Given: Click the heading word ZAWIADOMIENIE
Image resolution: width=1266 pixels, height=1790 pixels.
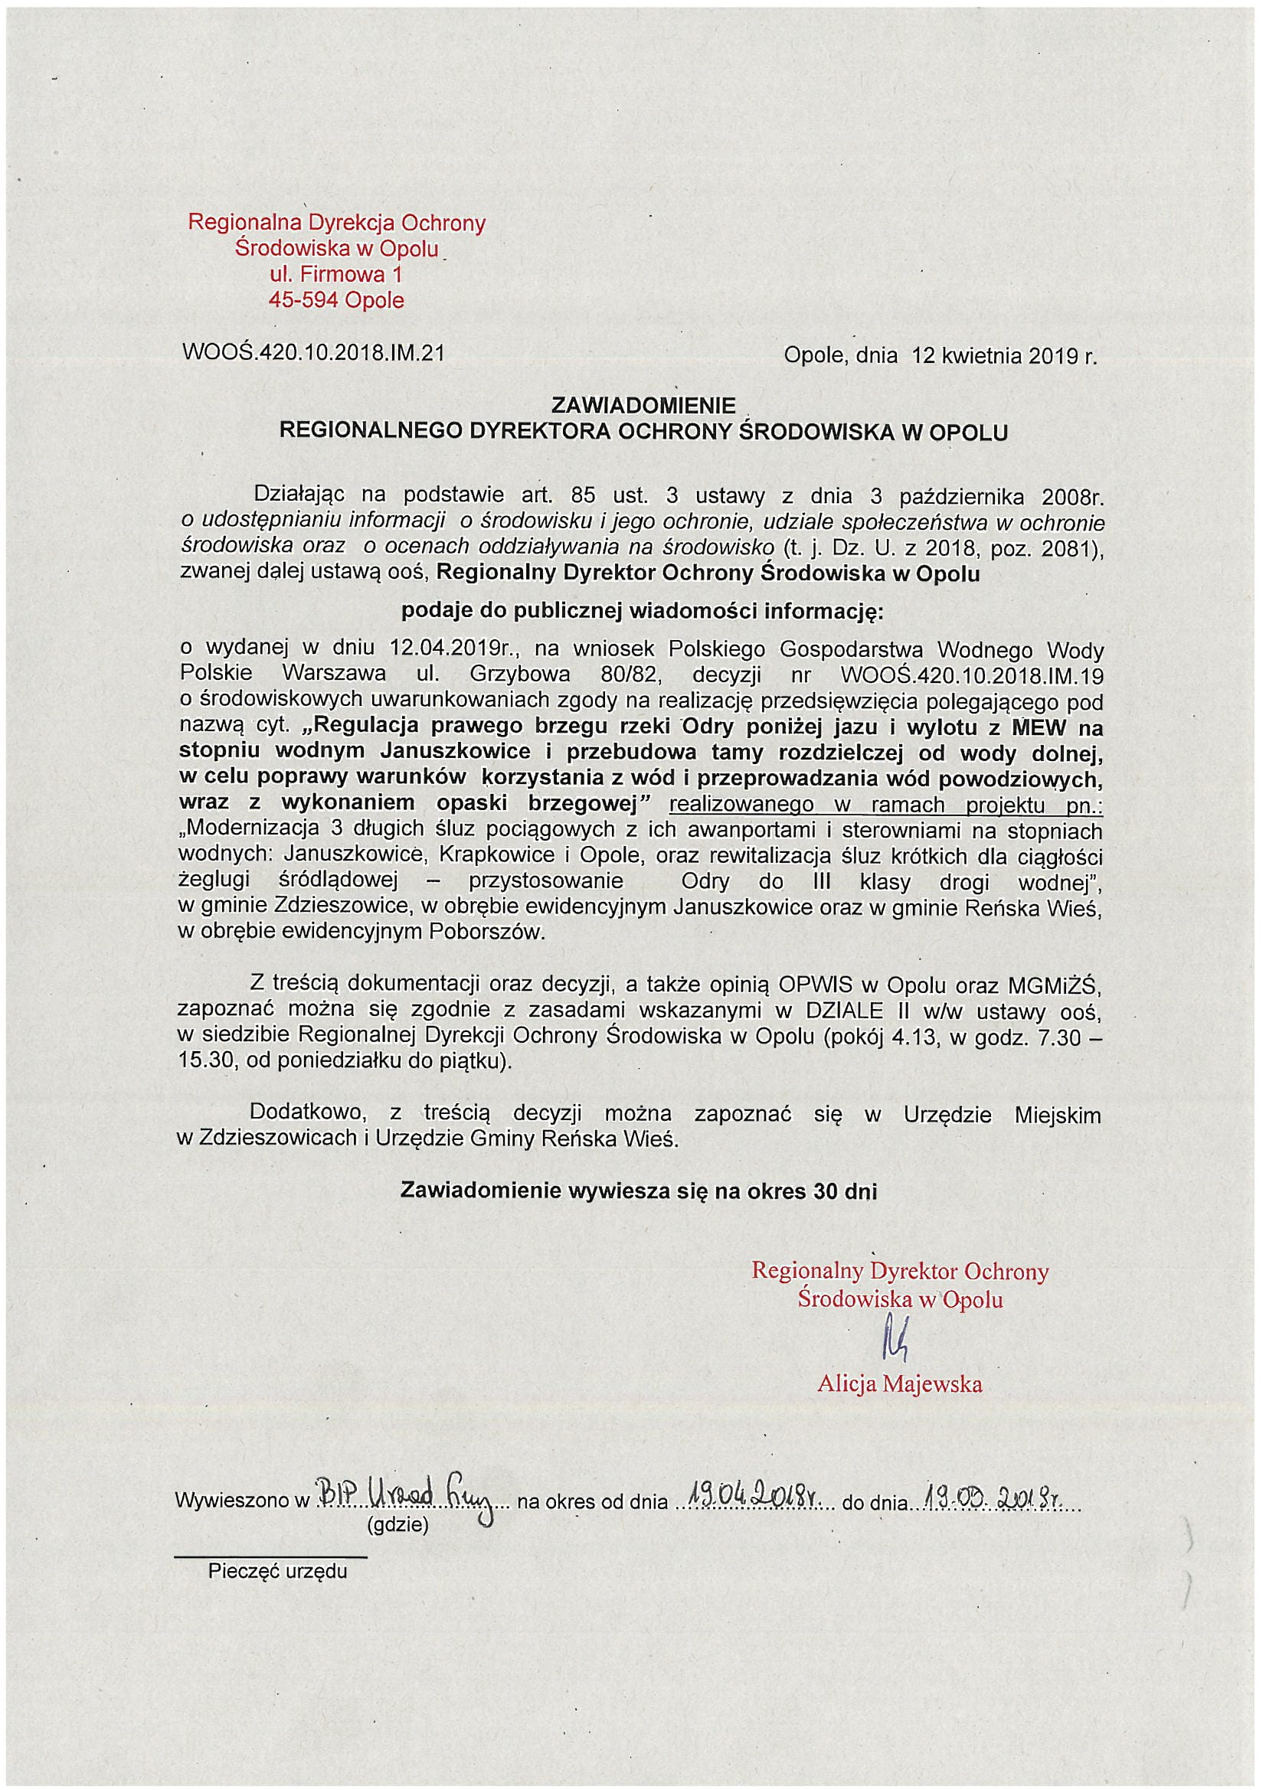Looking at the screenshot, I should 643,406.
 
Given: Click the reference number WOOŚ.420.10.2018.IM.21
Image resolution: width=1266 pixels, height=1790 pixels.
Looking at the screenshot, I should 312,353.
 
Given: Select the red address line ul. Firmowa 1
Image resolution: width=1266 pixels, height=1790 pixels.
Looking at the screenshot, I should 337,274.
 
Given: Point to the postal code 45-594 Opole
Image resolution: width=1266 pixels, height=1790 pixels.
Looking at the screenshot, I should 337,300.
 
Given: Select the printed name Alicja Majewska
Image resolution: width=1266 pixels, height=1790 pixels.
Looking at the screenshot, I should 899,1383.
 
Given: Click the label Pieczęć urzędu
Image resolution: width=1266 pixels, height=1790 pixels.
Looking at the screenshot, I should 277,1571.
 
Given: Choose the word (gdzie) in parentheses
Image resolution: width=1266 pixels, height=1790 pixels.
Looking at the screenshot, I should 397,1525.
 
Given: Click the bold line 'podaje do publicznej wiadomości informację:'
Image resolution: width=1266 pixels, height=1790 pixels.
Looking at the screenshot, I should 642,611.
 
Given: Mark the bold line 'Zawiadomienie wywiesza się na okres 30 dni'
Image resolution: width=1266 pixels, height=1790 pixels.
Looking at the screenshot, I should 638,1191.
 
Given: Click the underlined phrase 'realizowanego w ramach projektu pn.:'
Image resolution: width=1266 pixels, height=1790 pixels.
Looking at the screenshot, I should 886,805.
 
